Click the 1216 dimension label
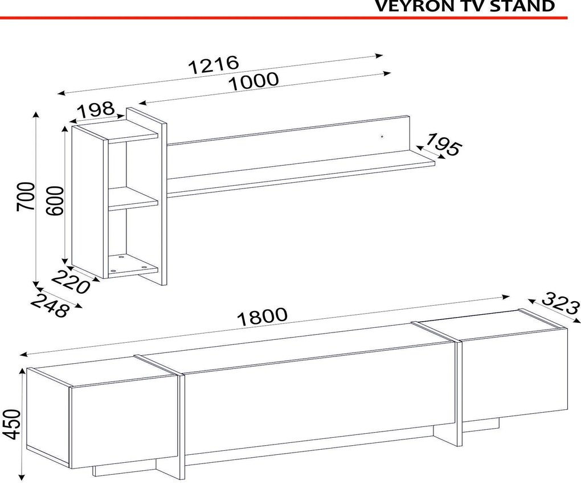pos(214,65)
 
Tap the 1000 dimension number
pos(253,81)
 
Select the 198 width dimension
pos(96,109)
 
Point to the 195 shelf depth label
pos(444,145)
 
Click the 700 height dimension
pos(26,196)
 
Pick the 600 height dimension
pos(55,200)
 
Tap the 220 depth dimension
pos(71,282)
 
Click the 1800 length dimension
pos(262,317)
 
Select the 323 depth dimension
pos(561,303)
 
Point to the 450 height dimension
pos(11,424)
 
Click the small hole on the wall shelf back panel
pos(382,137)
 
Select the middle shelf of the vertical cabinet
pos(133,199)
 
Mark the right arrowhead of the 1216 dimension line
pos(379,56)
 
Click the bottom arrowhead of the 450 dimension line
pos(22,477)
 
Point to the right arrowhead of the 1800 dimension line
pos(505,297)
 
